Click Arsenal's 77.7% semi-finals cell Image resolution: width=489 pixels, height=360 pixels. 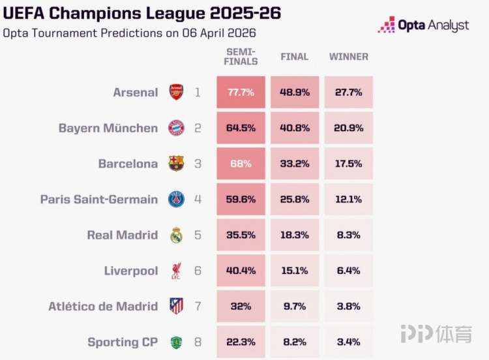click(x=241, y=93)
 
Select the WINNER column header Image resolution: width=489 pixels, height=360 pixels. click(x=348, y=57)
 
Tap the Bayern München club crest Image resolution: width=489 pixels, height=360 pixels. click(x=176, y=128)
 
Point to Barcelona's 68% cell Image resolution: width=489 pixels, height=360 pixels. click(x=241, y=164)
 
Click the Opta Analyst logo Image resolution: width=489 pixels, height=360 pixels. click(x=424, y=25)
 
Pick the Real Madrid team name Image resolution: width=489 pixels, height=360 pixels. click(x=122, y=235)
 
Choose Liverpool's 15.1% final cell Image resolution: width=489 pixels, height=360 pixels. click(x=295, y=271)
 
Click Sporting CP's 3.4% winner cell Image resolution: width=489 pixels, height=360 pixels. click(x=348, y=342)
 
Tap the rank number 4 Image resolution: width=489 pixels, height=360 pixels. click(x=198, y=200)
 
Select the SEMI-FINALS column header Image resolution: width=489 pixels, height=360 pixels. click(x=241, y=57)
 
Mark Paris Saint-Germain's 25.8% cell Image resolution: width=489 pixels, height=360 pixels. click(x=295, y=200)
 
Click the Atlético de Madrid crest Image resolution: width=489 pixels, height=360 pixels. click(x=176, y=306)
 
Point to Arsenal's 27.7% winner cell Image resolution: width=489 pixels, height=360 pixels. click(x=348, y=93)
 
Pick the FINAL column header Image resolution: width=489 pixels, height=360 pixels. click(x=295, y=57)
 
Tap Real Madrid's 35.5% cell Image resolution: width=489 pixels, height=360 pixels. click(x=241, y=235)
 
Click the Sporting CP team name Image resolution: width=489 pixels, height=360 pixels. click(x=123, y=342)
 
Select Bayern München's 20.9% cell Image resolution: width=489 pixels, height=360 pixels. click(x=348, y=128)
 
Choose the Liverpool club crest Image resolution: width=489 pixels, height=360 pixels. click(x=176, y=271)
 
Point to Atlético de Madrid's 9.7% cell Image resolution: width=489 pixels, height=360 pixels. click(x=295, y=306)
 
